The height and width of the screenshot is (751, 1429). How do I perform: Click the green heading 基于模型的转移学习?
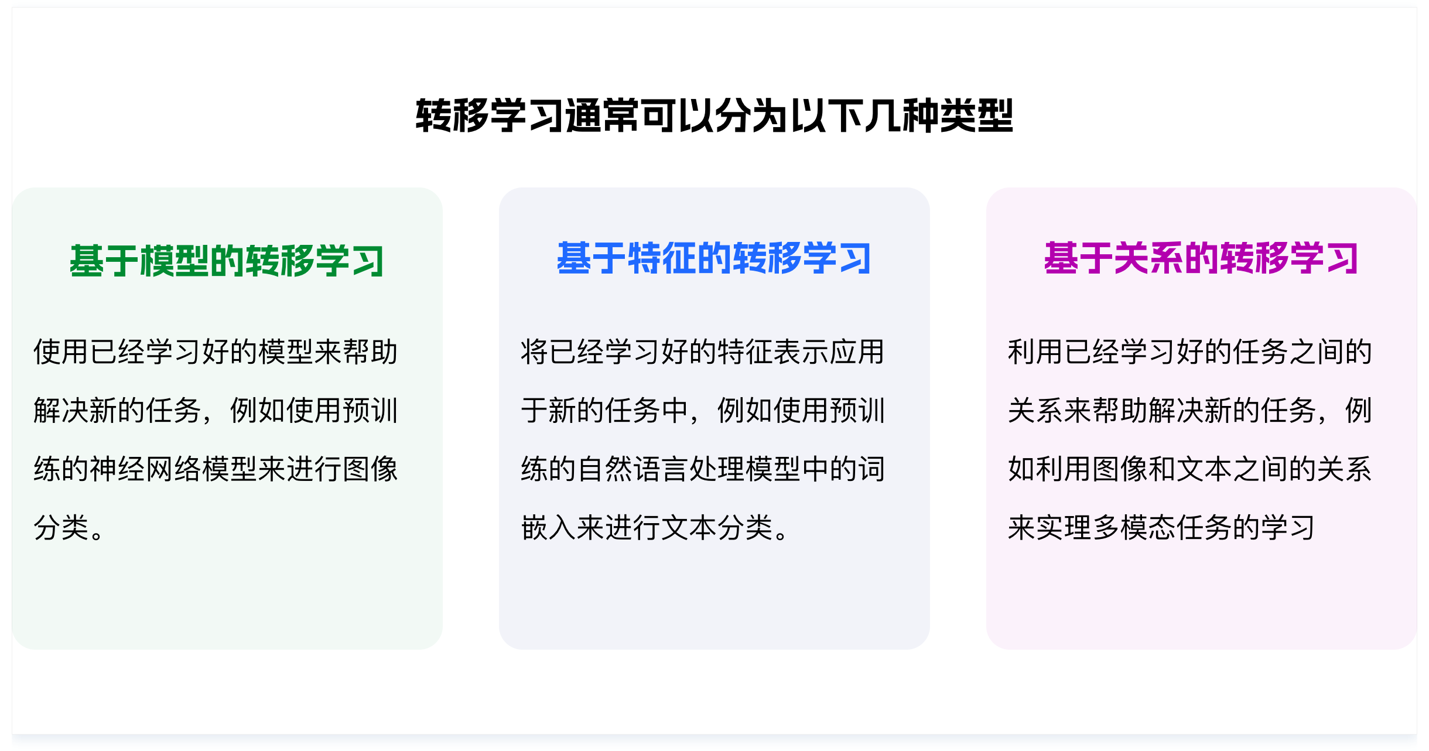click(227, 261)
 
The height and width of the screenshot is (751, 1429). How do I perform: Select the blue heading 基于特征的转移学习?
click(714, 258)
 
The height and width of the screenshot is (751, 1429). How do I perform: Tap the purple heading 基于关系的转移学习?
click(1201, 258)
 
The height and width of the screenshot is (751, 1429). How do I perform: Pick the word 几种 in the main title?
click(902, 116)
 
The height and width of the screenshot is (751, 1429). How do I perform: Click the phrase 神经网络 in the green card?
click(146, 469)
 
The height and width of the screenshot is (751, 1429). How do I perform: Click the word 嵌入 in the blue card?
click(548, 527)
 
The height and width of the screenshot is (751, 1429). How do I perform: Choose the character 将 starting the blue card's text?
click(534, 351)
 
